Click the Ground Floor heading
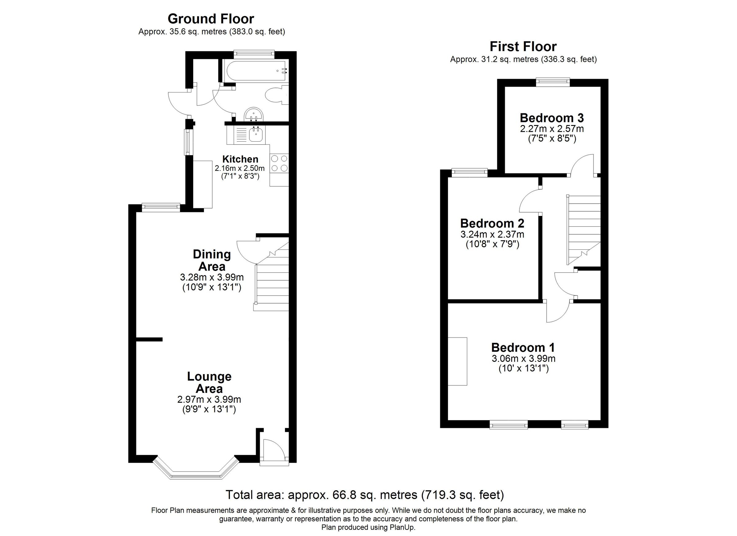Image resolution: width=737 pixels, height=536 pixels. (x=211, y=19)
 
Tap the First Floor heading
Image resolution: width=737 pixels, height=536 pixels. (x=523, y=46)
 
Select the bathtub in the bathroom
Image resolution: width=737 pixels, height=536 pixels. (x=254, y=71)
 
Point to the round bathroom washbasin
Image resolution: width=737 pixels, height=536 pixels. (x=254, y=114)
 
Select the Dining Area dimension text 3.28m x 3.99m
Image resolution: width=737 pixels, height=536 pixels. (x=212, y=277)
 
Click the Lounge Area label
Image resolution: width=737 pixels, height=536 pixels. (x=209, y=382)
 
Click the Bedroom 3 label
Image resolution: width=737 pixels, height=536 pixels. (x=552, y=117)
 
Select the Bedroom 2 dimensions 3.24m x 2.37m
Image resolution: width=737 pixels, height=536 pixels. (x=492, y=234)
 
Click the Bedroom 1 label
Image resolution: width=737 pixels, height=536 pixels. (x=523, y=347)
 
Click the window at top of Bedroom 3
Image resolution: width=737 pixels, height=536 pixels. (x=553, y=82)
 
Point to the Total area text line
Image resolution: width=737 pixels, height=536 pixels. (x=365, y=495)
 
